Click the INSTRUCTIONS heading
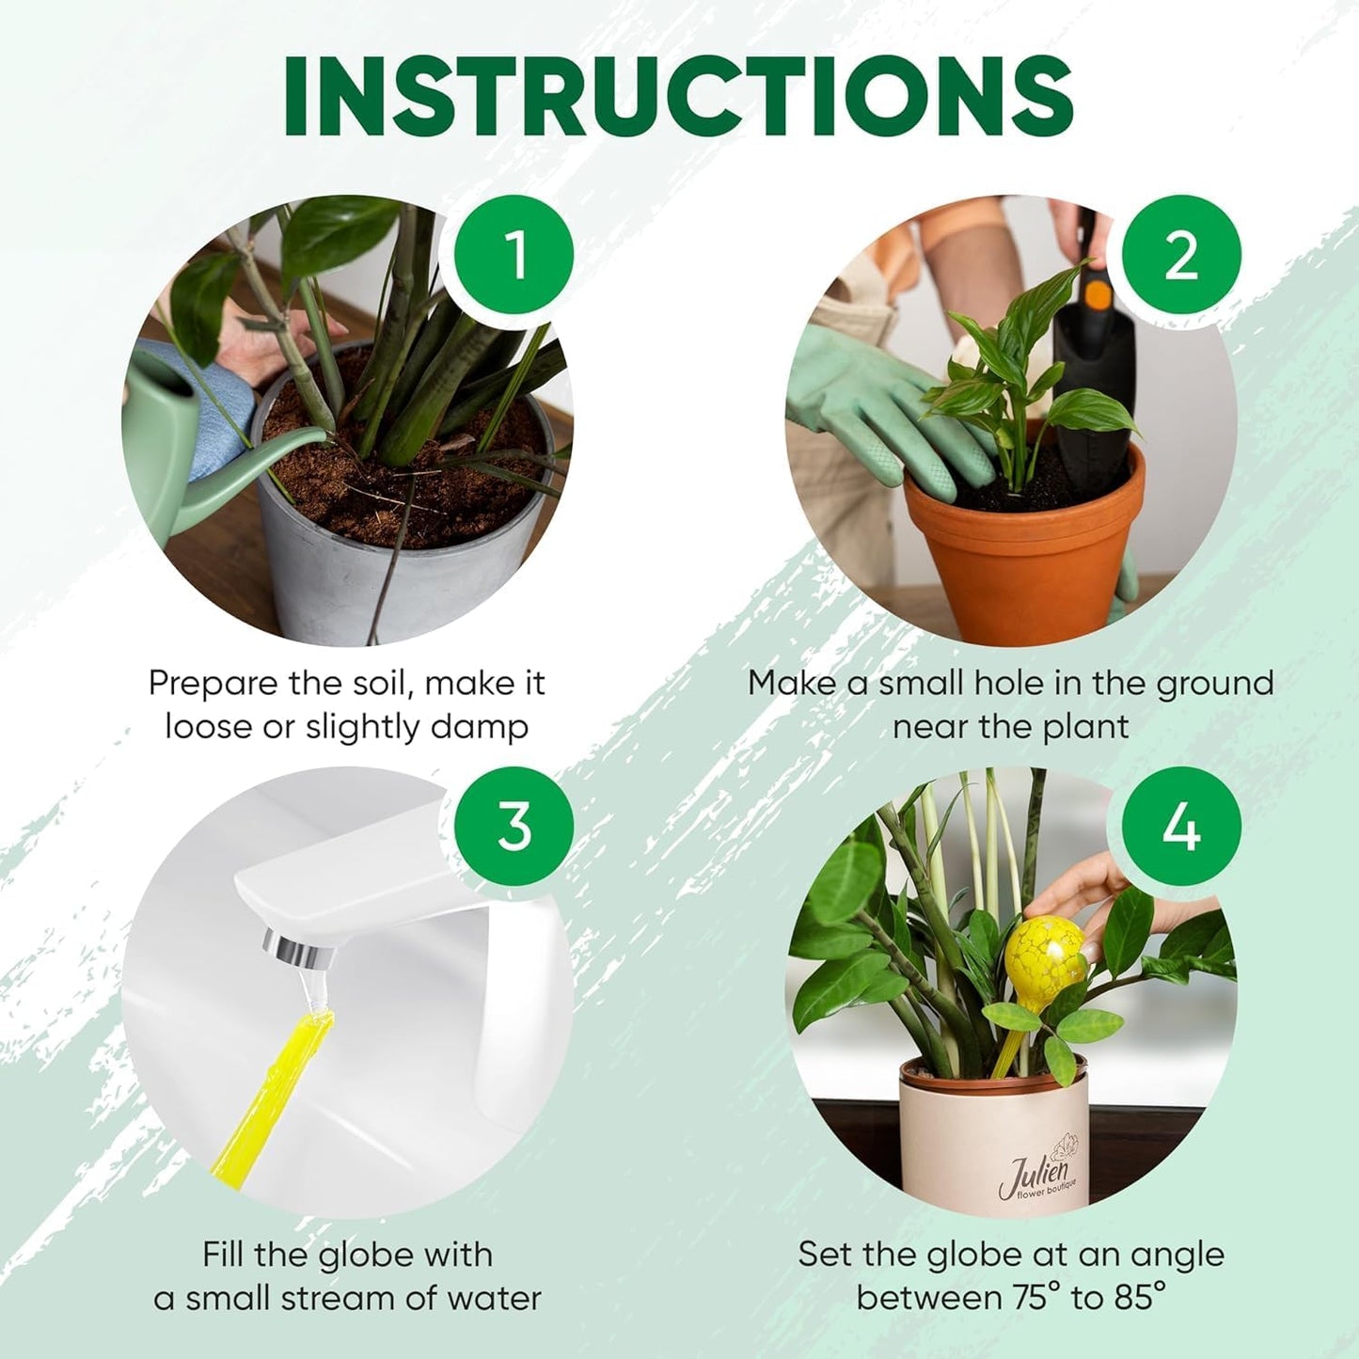tap(678, 97)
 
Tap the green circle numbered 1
tap(514, 255)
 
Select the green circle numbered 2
tap(1181, 255)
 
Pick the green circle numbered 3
tap(514, 827)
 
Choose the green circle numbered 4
tap(1181, 827)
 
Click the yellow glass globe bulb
tap(1045, 958)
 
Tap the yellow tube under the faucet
tap(273, 1091)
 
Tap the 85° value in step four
tap(1140, 1298)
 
